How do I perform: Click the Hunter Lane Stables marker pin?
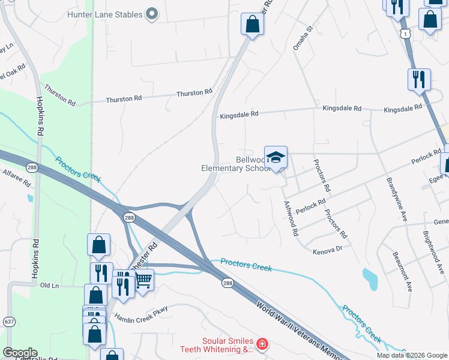(152, 14)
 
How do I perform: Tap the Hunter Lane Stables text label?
(105, 14)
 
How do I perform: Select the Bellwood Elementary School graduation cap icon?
(276, 158)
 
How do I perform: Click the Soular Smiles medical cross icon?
(262, 344)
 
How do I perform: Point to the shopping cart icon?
(143, 279)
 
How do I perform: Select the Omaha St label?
(303, 37)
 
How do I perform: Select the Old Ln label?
(49, 286)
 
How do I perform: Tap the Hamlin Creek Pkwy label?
(141, 313)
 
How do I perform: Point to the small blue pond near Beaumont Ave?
(370, 278)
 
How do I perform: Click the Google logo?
(19, 353)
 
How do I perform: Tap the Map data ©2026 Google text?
(411, 355)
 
